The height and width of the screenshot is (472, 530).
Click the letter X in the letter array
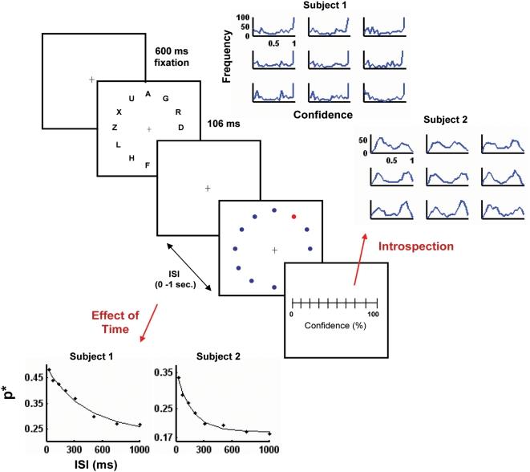click(119, 112)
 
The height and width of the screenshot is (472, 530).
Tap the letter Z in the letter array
click(115, 128)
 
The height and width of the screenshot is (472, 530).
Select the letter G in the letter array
click(165, 99)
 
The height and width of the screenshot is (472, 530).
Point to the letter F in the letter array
click(147, 165)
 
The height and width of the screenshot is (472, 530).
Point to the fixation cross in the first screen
click(91, 79)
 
